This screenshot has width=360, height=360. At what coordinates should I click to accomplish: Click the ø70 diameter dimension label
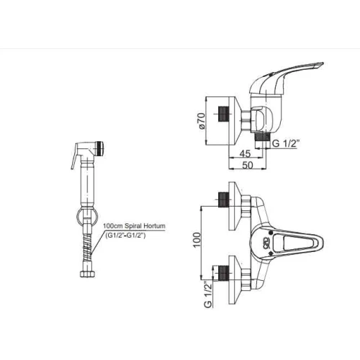[202, 122]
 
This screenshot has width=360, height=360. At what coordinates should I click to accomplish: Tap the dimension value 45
[245, 153]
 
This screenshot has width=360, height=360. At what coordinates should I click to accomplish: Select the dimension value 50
[248, 166]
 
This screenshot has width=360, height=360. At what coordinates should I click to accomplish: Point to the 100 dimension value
[197, 240]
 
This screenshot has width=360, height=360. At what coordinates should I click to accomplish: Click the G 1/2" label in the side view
[286, 143]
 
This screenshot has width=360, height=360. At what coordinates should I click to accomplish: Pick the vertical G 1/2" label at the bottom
[208, 294]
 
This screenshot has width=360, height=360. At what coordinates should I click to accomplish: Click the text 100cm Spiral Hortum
[134, 226]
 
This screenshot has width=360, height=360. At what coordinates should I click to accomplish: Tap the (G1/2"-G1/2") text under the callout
[125, 235]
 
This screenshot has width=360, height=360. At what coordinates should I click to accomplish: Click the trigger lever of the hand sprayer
[74, 157]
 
